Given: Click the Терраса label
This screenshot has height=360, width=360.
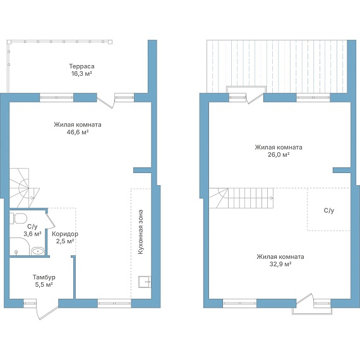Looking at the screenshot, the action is click(x=81, y=66).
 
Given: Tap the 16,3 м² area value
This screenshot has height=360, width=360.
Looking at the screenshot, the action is click(x=81, y=74).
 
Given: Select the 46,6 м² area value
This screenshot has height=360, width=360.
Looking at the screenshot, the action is click(x=78, y=132).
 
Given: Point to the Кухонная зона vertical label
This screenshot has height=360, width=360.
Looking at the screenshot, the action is click(x=140, y=232).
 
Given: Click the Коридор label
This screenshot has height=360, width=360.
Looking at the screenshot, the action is click(x=65, y=234).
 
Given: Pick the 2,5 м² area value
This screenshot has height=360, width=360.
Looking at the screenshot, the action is click(x=65, y=241).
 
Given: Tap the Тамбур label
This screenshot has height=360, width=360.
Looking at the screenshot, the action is click(x=44, y=277).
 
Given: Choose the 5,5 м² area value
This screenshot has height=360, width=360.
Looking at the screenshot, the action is click(x=44, y=285).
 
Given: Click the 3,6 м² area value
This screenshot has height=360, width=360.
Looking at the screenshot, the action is click(x=32, y=234).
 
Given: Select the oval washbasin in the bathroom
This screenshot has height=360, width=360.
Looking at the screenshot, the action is click(x=38, y=251).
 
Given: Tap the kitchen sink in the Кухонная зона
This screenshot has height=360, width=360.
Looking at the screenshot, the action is click(x=145, y=282).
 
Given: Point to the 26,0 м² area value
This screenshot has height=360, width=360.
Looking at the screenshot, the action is click(x=279, y=155).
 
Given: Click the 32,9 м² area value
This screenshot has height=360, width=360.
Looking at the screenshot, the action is click(x=280, y=264).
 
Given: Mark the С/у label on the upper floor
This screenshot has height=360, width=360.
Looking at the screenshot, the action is click(x=329, y=210).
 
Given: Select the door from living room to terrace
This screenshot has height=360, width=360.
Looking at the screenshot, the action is click(x=105, y=102).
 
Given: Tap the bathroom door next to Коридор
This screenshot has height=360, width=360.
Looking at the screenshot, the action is click(x=51, y=220).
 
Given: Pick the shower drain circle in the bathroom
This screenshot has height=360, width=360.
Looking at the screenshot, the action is click(x=16, y=251).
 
